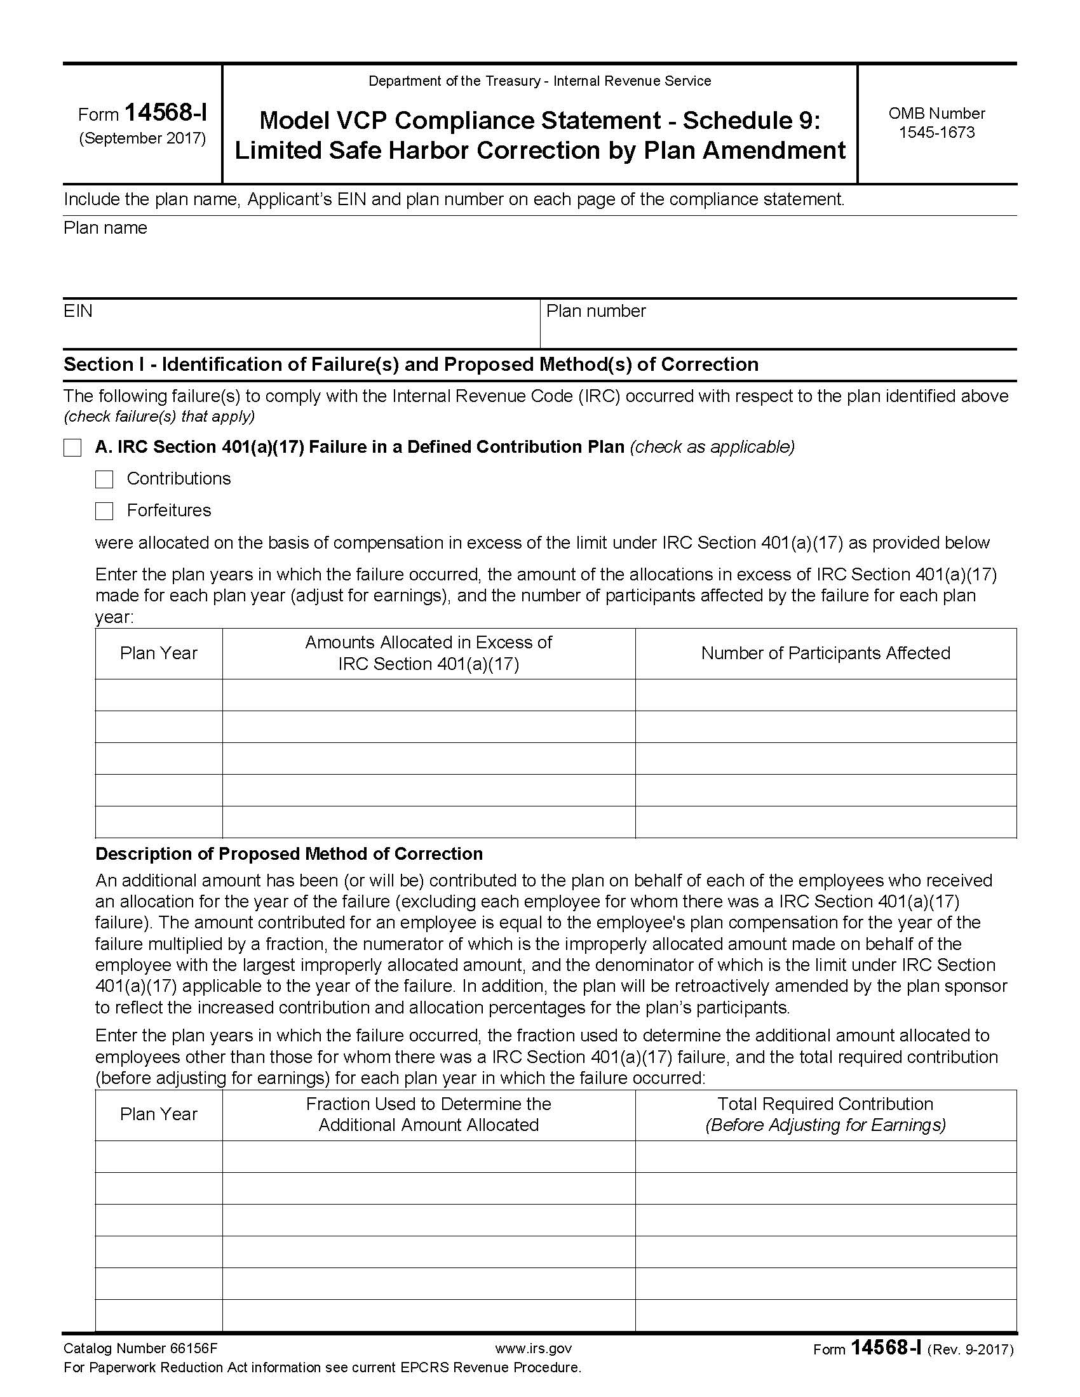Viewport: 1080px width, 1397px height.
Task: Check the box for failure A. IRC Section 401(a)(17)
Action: pyautogui.click(x=72, y=448)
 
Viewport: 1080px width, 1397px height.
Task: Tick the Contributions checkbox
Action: pyautogui.click(x=104, y=479)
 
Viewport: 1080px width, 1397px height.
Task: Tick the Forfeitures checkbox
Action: pyautogui.click(x=104, y=511)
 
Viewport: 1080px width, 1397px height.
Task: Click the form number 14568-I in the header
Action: pyautogui.click(x=165, y=113)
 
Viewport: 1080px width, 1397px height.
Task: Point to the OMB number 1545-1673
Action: pyautogui.click(x=936, y=133)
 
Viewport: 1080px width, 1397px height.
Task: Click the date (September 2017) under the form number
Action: pyautogui.click(x=142, y=138)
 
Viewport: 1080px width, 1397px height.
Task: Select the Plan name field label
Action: pyautogui.click(x=105, y=229)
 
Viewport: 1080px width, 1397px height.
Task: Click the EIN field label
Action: pyautogui.click(x=78, y=311)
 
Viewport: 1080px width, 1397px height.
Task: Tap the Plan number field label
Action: pyautogui.click(x=596, y=311)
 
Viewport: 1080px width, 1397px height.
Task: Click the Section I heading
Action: pyautogui.click(x=411, y=364)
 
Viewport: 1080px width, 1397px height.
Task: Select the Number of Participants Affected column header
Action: pyautogui.click(x=825, y=653)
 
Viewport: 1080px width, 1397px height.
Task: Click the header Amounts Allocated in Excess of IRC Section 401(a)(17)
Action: pyautogui.click(x=428, y=653)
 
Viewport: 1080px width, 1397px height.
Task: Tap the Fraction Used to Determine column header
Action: pyautogui.click(x=428, y=1114)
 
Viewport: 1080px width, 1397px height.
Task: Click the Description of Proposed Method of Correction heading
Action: pyautogui.click(x=288, y=854)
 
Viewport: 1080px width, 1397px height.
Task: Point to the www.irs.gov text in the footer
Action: pyautogui.click(x=533, y=1348)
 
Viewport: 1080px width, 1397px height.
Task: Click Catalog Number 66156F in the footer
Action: pyautogui.click(x=140, y=1348)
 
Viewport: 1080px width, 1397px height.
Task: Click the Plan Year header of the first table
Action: pyautogui.click(x=159, y=653)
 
